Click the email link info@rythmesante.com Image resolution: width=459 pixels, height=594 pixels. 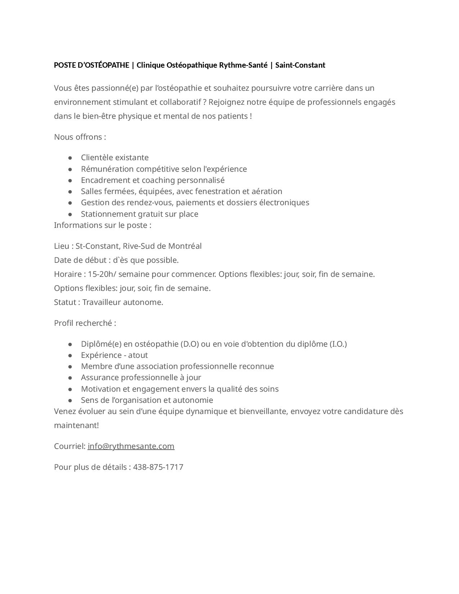[131, 446]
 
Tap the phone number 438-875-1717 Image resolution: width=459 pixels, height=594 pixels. [158, 467]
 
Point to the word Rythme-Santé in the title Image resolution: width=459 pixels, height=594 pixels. [243, 65]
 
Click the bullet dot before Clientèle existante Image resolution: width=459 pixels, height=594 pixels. [70, 158]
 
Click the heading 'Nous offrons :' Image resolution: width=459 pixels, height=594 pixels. [80, 137]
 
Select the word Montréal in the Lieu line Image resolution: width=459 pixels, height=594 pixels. [185, 246]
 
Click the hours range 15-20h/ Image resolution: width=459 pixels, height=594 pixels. [102, 274]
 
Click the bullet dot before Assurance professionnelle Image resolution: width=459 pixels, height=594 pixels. [70, 378]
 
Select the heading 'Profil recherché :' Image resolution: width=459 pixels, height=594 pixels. [85, 323]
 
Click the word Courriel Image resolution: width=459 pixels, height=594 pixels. [69, 446]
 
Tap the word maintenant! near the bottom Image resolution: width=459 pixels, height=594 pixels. [76, 425]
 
